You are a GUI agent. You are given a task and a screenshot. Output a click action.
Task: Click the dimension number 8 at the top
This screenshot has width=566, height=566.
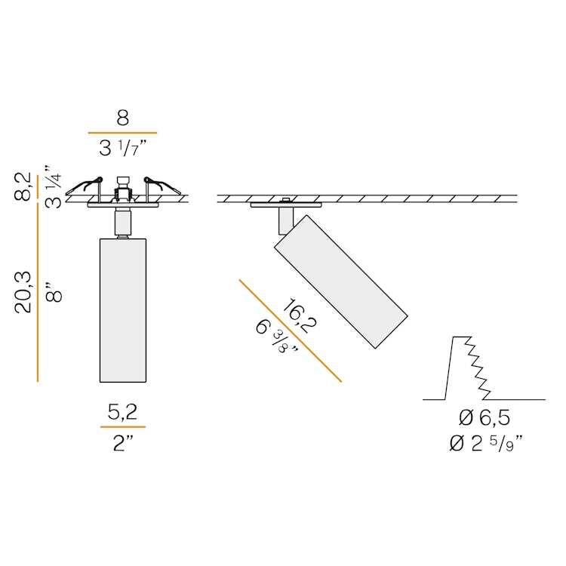click(123, 118)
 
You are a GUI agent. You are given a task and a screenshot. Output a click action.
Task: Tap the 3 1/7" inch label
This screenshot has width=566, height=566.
click(123, 148)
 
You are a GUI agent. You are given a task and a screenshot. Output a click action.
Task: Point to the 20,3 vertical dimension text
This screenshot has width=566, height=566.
click(24, 291)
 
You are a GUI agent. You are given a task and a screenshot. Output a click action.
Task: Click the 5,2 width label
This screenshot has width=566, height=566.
click(123, 412)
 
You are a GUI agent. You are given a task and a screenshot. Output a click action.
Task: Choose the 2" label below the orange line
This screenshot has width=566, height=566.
click(123, 443)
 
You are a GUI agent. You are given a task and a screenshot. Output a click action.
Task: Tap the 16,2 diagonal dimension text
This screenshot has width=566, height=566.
click(300, 315)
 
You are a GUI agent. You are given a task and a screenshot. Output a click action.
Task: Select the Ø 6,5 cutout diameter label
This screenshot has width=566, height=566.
click(484, 418)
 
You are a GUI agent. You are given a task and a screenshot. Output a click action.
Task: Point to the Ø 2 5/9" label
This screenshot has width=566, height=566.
click(486, 444)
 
